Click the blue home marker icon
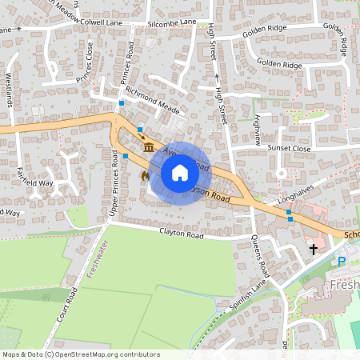(180, 173)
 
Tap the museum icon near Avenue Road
(149, 146)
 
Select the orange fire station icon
(145, 174)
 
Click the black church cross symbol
(313, 250)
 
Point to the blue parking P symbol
(342, 262)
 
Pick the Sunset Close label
(290, 148)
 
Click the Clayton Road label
(183, 234)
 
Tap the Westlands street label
(9, 90)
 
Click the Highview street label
(256, 128)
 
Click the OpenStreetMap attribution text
(80, 354)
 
